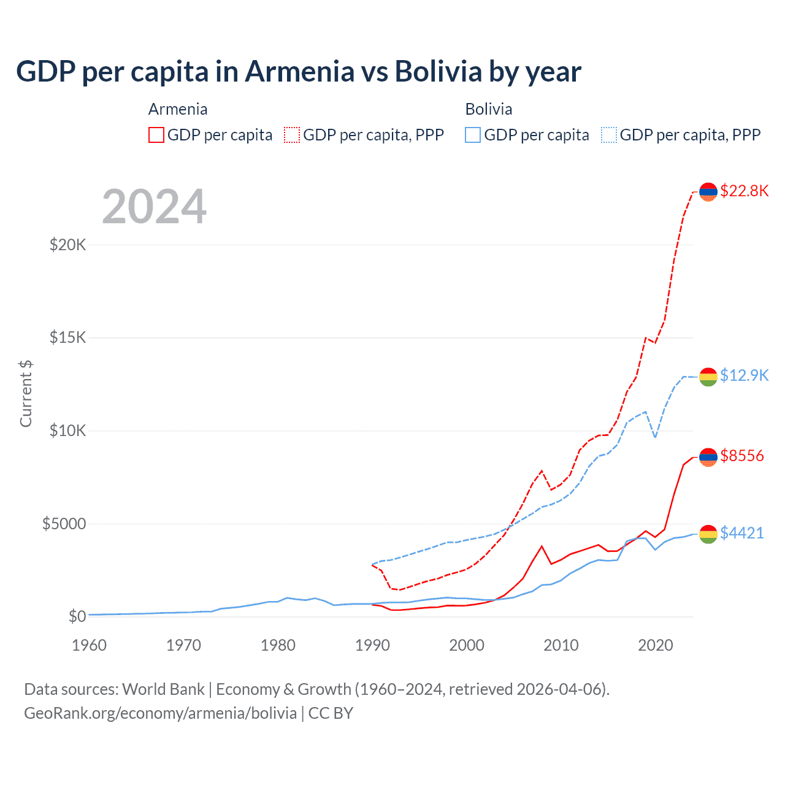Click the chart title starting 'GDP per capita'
[299, 72]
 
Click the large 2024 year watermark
[154, 207]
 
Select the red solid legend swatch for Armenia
[156, 135]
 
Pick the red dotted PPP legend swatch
[292, 135]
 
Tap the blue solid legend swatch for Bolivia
[473, 135]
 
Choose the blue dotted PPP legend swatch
[609, 135]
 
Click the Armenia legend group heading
[178, 109]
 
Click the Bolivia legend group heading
[489, 109]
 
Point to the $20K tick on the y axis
[67, 245]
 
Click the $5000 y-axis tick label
[64, 524]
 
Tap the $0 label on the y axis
[77, 616]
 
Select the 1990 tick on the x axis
[372, 645]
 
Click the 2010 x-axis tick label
[561, 645]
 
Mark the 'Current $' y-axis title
[26, 393]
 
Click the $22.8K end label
[744, 191]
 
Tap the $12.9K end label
[744, 375]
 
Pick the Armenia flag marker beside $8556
[708, 457]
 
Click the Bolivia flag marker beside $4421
[708, 534]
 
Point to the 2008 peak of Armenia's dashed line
[542, 471]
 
